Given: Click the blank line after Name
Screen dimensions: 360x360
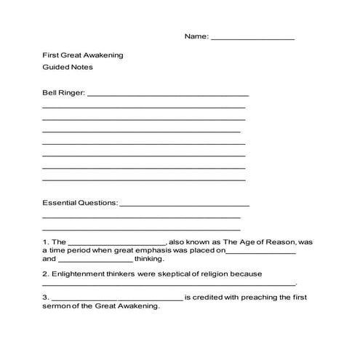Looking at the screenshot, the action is point(252,38).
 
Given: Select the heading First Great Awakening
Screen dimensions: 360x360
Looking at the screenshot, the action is point(82,55).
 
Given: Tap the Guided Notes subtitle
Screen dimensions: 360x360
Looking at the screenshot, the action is point(68,68).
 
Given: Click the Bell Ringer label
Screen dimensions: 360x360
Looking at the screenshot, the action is point(64,93).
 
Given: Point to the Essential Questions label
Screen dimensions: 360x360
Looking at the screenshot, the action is point(80,203).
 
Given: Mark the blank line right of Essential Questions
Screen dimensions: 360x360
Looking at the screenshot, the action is point(184,205).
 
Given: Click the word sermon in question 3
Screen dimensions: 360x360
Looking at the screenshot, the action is point(58,306).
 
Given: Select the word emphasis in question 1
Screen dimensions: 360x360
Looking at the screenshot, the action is point(147,250).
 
